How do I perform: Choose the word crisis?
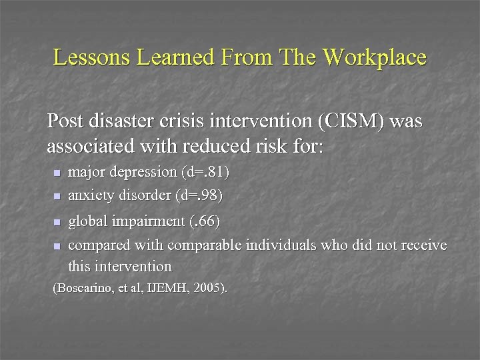point(199,121)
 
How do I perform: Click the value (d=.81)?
point(205,172)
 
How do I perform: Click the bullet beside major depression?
point(56,173)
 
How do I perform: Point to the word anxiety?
point(90,197)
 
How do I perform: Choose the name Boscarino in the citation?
point(82,289)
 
